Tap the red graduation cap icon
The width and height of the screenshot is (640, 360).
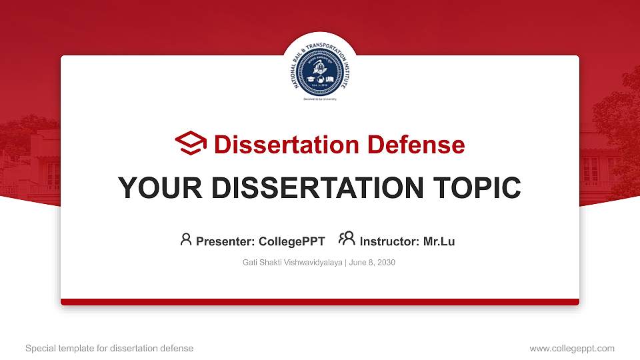pyautogui.click(x=191, y=144)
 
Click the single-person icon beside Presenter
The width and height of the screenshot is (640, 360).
pyautogui.click(x=186, y=239)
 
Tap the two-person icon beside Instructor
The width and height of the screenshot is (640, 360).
pyautogui.click(x=347, y=239)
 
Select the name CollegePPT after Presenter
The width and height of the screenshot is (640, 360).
pyautogui.click(x=291, y=241)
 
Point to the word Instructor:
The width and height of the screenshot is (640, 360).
pyautogui.click(x=390, y=241)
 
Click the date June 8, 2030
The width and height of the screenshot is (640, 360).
pyautogui.click(x=372, y=263)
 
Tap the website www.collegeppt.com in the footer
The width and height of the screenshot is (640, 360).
pyautogui.click(x=572, y=348)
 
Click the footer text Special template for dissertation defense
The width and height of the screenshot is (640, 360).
pyautogui.click(x=109, y=348)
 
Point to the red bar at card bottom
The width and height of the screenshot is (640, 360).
pyautogui.click(x=320, y=302)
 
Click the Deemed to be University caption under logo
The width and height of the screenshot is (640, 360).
pyautogui.click(x=320, y=99)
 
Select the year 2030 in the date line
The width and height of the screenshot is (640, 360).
pyautogui.click(x=386, y=263)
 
